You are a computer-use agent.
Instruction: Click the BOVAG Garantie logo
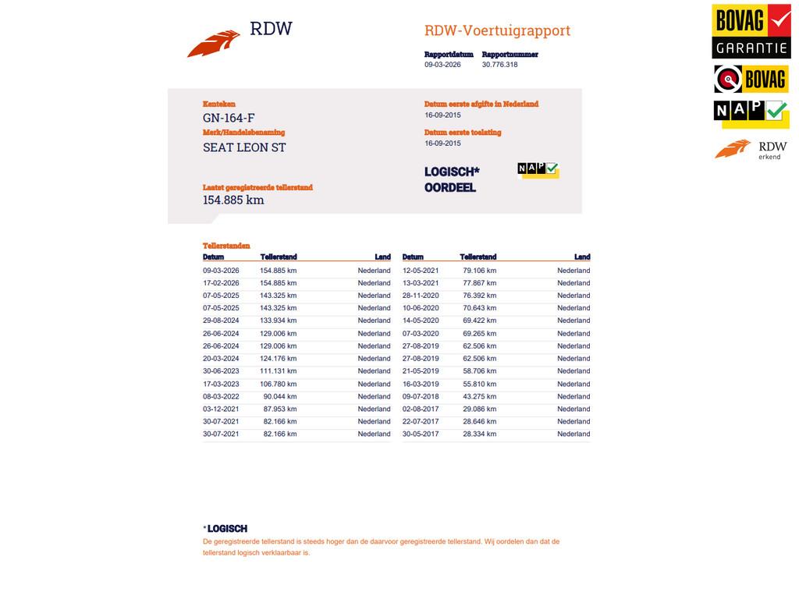[x=751, y=31]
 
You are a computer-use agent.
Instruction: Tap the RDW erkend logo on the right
[x=751, y=149]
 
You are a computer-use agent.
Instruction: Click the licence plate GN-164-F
[x=229, y=118]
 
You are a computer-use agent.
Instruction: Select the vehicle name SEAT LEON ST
[x=244, y=147]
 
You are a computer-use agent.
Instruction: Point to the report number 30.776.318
[x=499, y=65]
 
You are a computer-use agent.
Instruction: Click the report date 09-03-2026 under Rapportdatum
[x=442, y=65]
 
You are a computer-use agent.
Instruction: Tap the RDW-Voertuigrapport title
[x=497, y=30]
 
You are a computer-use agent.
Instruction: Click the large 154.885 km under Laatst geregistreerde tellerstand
[x=233, y=200]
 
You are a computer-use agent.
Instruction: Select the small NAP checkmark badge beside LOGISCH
[x=538, y=169]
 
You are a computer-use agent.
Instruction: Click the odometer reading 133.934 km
[x=279, y=321]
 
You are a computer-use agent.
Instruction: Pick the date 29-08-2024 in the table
[x=221, y=321]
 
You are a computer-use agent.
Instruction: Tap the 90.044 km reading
[x=279, y=396]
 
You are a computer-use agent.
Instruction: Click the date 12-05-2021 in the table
[x=421, y=271]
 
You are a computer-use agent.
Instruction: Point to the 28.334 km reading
[x=479, y=434]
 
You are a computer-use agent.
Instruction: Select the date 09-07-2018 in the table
[x=421, y=396]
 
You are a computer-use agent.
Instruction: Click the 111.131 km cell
[x=279, y=371]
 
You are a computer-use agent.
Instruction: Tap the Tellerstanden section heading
[x=226, y=246]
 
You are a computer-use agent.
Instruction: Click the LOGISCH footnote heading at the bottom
[x=227, y=529]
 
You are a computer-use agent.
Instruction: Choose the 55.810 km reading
[x=479, y=384]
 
